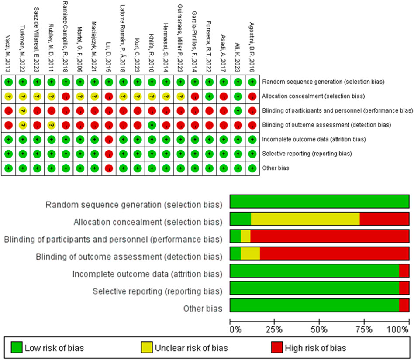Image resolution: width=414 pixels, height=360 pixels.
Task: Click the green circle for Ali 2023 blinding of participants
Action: [x=238, y=110]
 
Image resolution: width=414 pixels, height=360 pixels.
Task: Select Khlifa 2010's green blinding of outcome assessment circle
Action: [x=152, y=125]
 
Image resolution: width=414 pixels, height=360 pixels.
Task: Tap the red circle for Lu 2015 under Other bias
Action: [x=109, y=168]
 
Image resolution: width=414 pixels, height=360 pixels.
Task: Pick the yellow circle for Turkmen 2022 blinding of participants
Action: [x=23, y=110]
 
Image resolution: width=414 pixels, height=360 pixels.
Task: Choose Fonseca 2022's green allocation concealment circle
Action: [x=209, y=96]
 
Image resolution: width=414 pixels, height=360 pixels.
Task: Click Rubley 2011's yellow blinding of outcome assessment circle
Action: [x=52, y=125]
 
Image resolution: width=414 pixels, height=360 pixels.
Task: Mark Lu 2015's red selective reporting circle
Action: [x=109, y=154]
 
